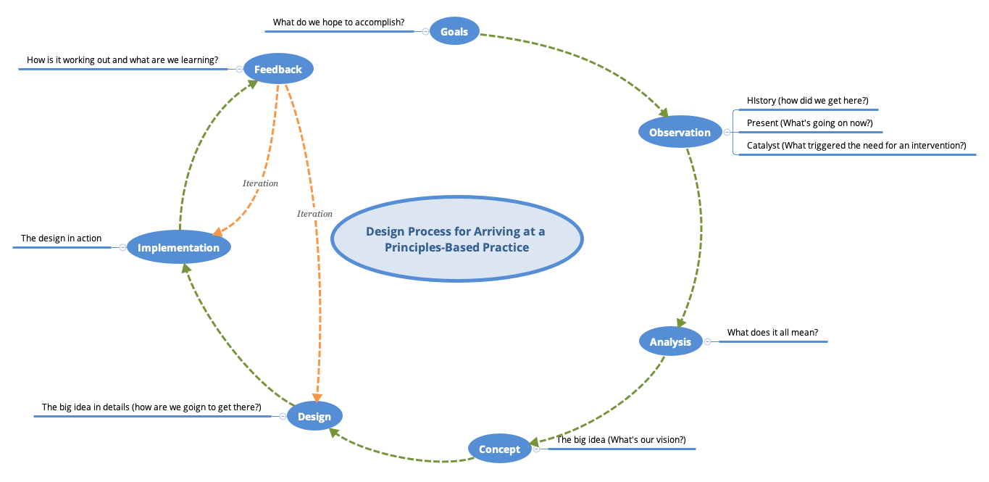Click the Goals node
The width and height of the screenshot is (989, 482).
pos(454,31)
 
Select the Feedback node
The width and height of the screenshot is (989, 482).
pos(278,70)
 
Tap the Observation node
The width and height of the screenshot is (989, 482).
pos(680,132)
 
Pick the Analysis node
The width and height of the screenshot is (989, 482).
pos(670,341)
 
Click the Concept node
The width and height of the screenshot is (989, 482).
pos(499,449)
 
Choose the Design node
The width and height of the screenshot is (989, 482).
pos(314,416)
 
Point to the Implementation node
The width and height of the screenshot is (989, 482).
pos(178,247)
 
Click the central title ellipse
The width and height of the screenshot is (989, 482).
pos(456,238)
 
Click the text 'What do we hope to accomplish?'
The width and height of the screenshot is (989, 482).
pos(338,22)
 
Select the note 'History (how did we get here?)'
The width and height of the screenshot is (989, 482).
pos(807,101)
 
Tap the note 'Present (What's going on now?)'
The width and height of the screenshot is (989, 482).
pos(809,123)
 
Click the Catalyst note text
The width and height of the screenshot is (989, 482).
pos(856,146)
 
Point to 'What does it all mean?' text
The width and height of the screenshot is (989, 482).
pos(772,333)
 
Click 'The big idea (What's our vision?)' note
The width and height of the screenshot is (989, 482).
pos(620,440)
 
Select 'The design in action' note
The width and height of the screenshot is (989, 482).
pos(61,238)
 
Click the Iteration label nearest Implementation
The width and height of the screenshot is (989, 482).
pos(260,183)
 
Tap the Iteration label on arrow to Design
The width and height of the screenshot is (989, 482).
pos(314,214)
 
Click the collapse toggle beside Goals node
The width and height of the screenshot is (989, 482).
pos(425,31)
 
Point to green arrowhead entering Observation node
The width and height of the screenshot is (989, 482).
pos(663,112)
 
